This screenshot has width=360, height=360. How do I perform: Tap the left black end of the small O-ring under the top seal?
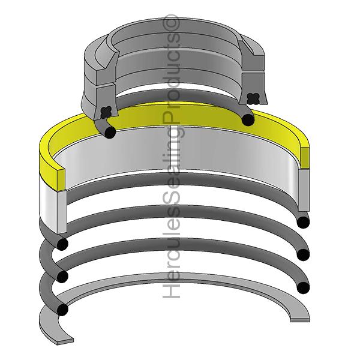(109, 131)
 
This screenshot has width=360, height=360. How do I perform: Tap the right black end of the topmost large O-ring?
(303, 223)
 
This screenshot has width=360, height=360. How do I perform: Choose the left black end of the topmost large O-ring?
(61, 244)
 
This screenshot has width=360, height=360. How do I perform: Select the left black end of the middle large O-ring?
(61, 276)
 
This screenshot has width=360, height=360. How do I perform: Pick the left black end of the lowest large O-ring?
(61, 309)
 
